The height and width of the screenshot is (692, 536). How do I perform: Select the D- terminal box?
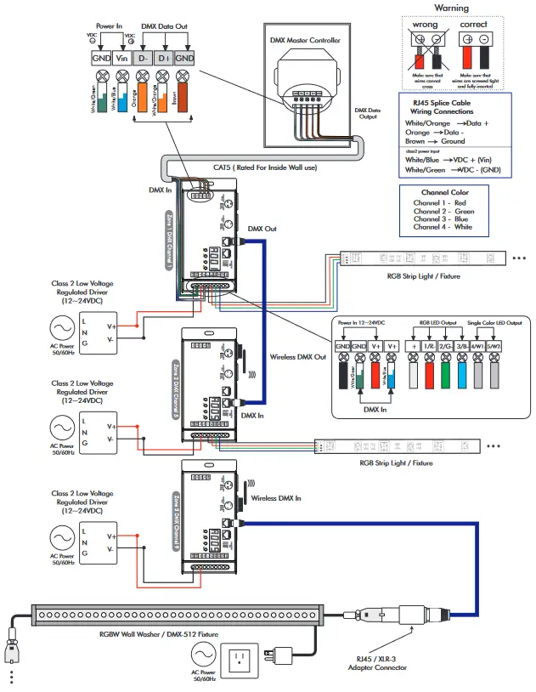point(144,58)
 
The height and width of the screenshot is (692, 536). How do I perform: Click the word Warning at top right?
point(451,8)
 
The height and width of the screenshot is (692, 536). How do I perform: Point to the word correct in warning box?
point(473,25)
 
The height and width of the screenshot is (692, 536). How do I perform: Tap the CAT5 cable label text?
point(266,167)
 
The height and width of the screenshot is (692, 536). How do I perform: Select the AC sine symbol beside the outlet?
point(202,654)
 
